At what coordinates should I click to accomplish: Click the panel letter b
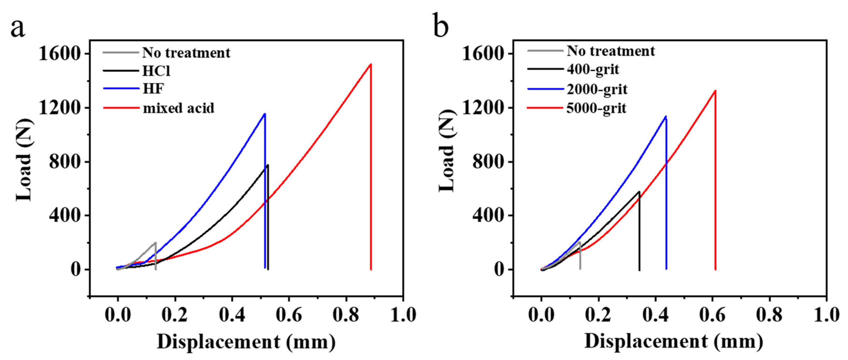click(x=441, y=26)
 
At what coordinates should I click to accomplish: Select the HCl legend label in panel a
click(x=156, y=71)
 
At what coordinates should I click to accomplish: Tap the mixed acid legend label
click(x=178, y=108)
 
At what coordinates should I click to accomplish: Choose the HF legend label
click(x=153, y=89)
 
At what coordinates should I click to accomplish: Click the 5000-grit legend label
click(x=596, y=108)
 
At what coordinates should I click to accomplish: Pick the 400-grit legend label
click(x=592, y=69)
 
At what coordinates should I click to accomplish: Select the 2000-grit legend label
click(x=597, y=89)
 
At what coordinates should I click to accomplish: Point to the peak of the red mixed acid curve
click(x=371, y=64)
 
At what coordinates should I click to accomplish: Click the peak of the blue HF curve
click(x=265, y=114)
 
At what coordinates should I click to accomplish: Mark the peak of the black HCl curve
click(x=268, y=165)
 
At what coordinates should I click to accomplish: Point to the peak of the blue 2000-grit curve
click(x=666, y=116)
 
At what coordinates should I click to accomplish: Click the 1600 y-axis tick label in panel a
click(x=59, y=54)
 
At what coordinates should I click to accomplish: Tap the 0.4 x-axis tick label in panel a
click(x=232, y=315)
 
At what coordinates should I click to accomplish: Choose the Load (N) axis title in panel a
click(x=25, y=160)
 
